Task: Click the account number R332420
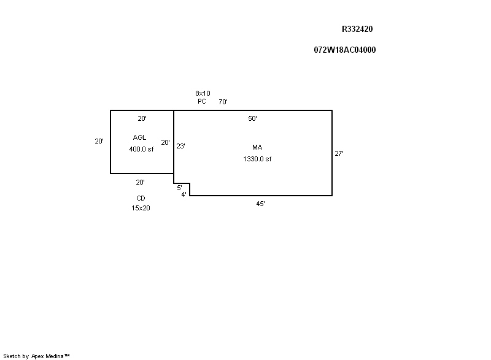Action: coord(357,29)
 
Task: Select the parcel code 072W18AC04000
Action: coord(345,50)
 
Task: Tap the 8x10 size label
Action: coord(203,93)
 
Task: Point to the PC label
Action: coord(202,101)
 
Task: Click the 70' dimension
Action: coord(223,102)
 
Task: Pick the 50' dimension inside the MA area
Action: coord(252,118)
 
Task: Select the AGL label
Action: coord(140,137)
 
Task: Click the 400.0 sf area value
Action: coord(141,149)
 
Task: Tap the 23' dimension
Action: coord(180,146)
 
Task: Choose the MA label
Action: coord(257,147)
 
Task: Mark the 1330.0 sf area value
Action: coord(257,159)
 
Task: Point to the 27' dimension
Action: coord(339,153)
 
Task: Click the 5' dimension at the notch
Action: coord(179,188)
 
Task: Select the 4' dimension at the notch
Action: coord(184,194)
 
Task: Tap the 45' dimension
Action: coord(260,204)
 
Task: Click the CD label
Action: coord(141,198)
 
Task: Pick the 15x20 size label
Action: coord(141,208)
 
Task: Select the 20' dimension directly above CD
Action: coord(141,182)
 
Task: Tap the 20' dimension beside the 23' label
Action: coord(165,142)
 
